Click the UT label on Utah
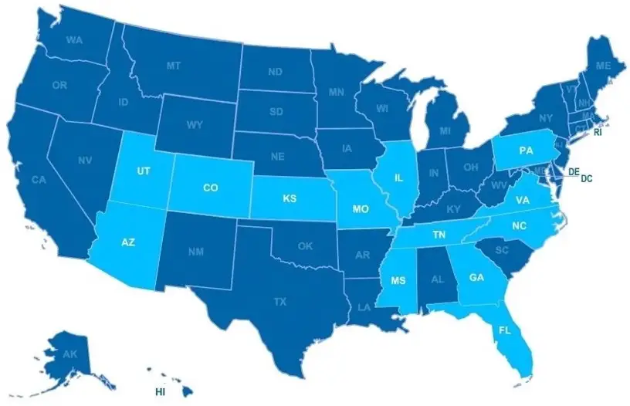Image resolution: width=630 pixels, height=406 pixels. (x=143, y=171)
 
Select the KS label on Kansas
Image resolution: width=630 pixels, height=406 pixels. (x=290, y=199)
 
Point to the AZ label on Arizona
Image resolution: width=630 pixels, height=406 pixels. (x=128, y=242)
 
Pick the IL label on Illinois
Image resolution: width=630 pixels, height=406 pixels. (x=399, y=178)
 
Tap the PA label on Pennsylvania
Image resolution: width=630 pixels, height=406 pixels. (x=526, y=150)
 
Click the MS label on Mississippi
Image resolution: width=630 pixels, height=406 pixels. (x=400, y=279)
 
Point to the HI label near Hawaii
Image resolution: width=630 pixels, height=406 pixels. (x=161, y=391)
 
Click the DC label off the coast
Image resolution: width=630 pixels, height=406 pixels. (x=587, y=178)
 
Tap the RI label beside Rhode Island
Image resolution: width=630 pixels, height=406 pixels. (x=598, y=133)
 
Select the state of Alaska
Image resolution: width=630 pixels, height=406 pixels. (x=69, y=355)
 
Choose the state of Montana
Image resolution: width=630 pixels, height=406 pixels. (x=174, y=66)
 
